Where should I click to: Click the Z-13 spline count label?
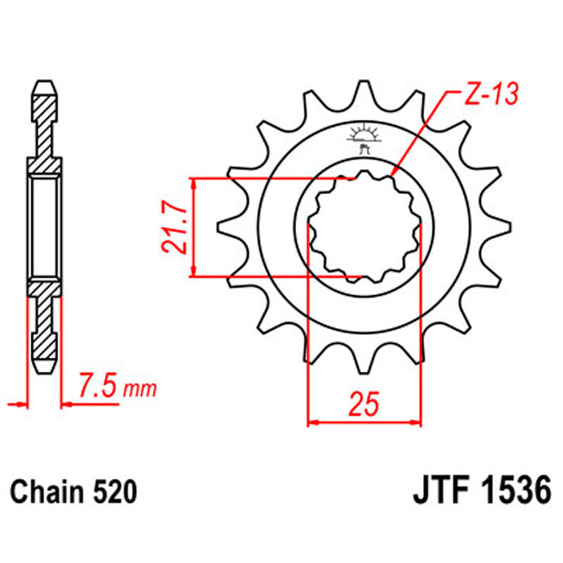[x=491, y=94]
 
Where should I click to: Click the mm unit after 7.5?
[x=140, y=388]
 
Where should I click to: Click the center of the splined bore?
[x=365, y=227]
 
